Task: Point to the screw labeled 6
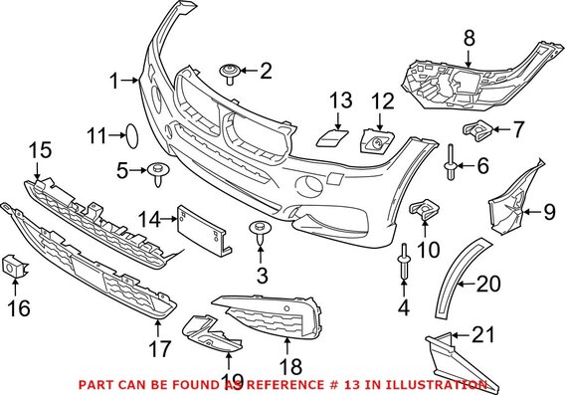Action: pyautogui.click(x=451, y=162)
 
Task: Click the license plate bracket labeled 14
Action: pyautogui.click(x=199, y=228)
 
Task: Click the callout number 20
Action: pyautogui.click(x=487, y=285)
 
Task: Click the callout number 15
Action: pyautogui.click(x=38, y=150)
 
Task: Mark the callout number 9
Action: pyautogui.click(x=546, y=210)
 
